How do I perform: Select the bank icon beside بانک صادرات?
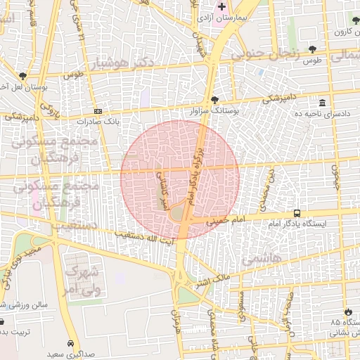98,111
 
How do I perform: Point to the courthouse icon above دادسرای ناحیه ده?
321,103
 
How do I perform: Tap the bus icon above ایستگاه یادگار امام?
297,212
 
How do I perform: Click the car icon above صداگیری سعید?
70,343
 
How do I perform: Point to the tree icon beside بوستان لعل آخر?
23,76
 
